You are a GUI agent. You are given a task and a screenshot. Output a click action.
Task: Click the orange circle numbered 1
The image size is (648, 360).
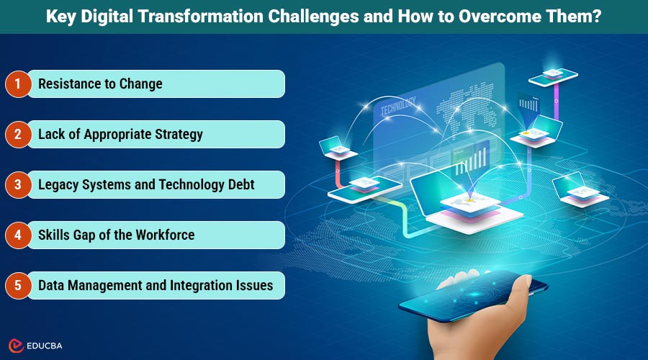point(17,84)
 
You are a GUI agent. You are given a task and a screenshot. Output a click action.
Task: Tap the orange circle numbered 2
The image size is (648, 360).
point(17,134)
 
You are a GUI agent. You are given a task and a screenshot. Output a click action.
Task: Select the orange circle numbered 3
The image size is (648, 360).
point(17,185)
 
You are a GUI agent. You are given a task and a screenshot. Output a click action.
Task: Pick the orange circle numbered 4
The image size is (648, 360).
point(17,235)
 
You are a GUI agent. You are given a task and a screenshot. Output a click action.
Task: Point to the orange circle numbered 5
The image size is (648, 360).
point(17,285)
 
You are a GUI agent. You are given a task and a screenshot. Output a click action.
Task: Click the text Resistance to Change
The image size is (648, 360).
point(100,84)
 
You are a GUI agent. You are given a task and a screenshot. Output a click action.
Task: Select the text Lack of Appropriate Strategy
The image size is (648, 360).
point(120,134)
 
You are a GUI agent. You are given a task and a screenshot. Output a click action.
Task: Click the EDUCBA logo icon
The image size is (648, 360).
point(14,345)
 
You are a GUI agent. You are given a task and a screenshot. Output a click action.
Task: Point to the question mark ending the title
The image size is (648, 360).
point(597,17)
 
